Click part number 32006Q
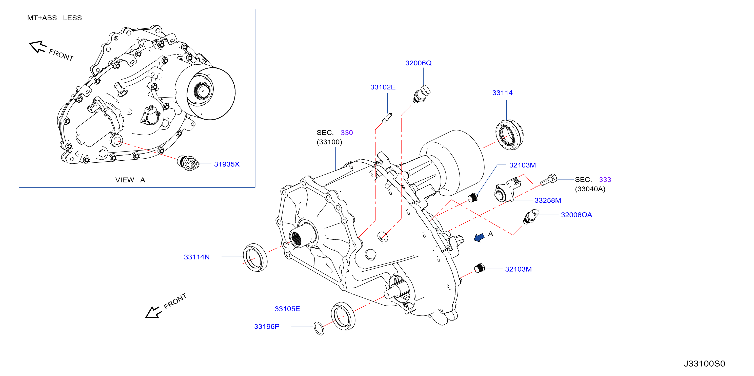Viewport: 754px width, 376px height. pos(418,63)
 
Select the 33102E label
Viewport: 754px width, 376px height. pos(383,87)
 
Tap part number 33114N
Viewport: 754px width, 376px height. pos(197,257)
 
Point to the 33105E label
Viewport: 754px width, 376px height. pos(287,309)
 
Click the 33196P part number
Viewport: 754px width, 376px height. pos(267,326)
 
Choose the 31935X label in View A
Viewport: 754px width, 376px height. pos(227,164)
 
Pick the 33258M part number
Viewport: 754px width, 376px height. pos(548,200)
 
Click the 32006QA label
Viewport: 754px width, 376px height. pos(576,215)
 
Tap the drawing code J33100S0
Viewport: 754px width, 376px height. pos(704,363)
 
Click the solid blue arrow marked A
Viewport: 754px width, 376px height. pos(479,237)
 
